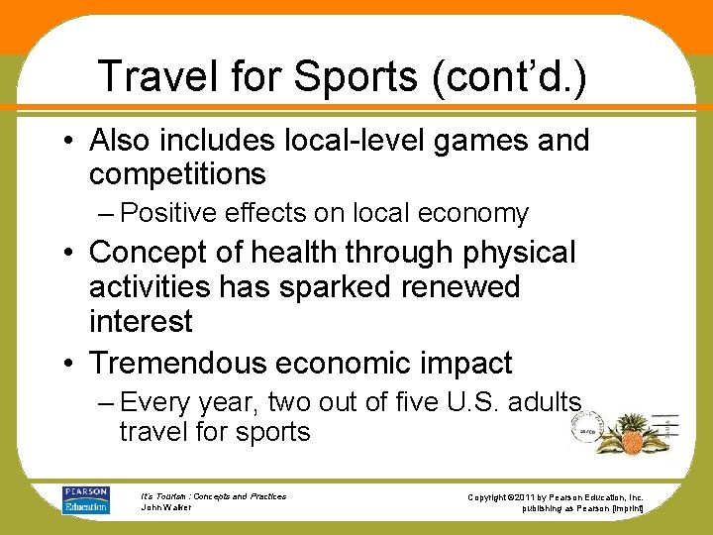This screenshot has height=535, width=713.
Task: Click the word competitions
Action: [177, 174]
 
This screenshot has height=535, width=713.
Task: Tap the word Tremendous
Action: [186, 363]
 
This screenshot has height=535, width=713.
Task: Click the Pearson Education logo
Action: [86, 498]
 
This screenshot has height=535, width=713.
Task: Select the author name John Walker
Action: [167, 507]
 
